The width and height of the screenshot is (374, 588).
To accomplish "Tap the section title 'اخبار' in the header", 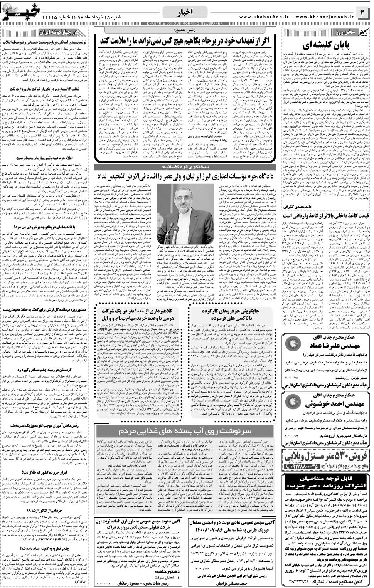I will click(x=187, y=13).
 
